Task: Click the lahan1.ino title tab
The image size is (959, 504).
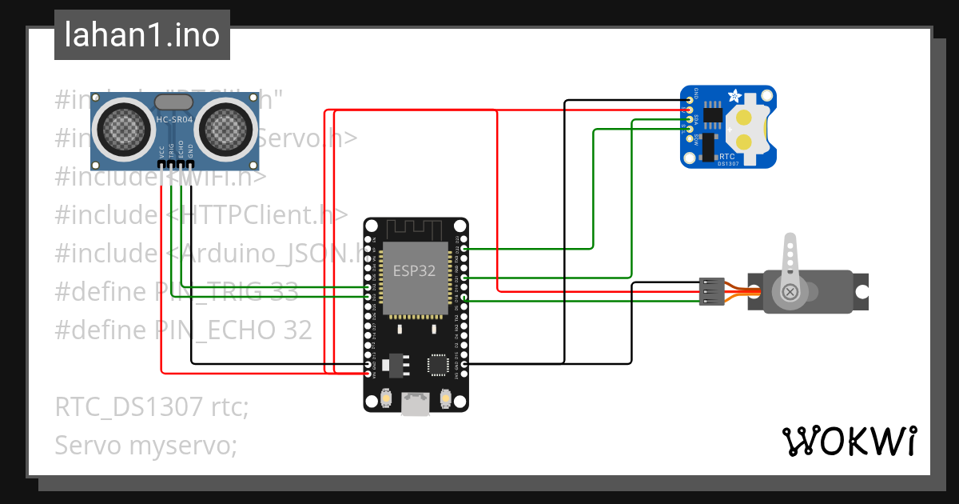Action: pos(141,35)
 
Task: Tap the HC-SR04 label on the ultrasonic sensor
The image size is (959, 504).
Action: pos(174,120)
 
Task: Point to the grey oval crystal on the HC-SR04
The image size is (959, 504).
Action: pos(173,102)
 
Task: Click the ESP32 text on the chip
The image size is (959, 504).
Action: pos(414,270)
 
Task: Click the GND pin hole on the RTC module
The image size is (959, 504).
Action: pos(687,99)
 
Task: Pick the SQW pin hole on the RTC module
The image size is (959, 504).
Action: pos(687,138)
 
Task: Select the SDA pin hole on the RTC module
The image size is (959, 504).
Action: pos(687,118)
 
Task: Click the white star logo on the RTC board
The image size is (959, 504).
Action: pos(734,96)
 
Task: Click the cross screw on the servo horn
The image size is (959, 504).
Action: pos(790,292)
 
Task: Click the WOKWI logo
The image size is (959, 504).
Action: pos(849,441)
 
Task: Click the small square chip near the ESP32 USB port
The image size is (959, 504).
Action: pos(439,365)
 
